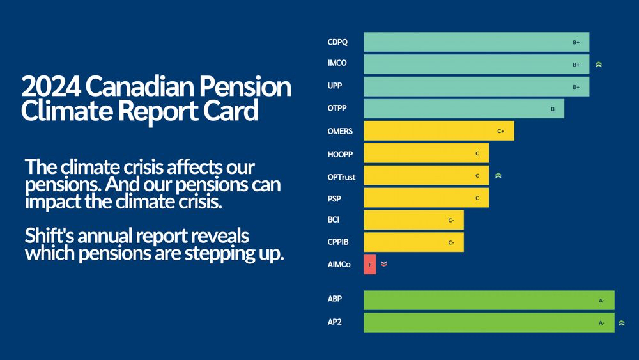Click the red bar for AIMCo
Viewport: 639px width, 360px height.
coord(370,264)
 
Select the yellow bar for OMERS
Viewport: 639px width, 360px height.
coord(438,131)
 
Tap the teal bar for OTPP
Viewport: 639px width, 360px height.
coord(463,109)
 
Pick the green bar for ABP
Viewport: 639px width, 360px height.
coord(489,300)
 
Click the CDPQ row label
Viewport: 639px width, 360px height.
coord(337,42)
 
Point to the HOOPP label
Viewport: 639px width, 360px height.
coord(340,154)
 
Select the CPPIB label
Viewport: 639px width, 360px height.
coord(338,242)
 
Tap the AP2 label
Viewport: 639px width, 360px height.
coord(335,322)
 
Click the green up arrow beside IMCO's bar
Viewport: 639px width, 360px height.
coord(599,65)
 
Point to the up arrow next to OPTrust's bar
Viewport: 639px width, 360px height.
coord(498,175)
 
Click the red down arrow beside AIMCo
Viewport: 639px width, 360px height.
coord(383,263)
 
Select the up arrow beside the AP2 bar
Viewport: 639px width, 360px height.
coord(622,323)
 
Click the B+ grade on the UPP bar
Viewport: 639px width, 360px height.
coord(576,87)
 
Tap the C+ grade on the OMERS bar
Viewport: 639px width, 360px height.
coord(501,131)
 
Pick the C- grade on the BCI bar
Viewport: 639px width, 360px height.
coord(451,221)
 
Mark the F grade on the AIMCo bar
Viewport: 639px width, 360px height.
coord(369,264)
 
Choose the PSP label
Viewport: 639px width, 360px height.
coord(334,198)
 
